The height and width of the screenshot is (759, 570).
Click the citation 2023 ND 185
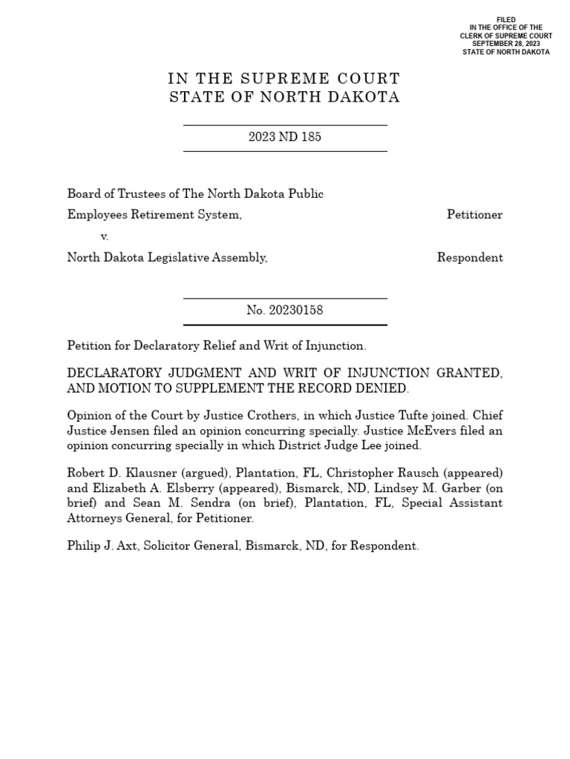pos(285,137)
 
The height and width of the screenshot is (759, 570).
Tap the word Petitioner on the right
pos(474,215)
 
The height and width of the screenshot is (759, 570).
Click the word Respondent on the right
pos(469,258)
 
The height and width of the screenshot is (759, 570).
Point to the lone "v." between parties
pos(104,236)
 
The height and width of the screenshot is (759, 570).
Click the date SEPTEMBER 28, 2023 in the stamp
pos(505,44)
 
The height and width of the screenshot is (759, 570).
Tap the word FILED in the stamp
pos(505,19)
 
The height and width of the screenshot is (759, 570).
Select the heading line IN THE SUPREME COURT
pos(284,79)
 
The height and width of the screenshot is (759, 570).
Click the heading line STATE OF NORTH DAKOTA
pos(284,98)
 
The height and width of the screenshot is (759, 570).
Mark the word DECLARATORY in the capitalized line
pos(111,374)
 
